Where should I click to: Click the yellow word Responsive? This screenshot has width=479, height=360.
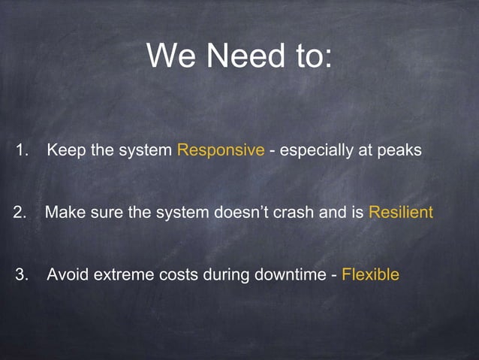tap(220, 150)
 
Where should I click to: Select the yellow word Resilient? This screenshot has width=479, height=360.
tap(400, 213)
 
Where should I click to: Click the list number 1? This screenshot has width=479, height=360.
tap(22, 150)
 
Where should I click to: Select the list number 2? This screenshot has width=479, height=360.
tap(20, 213)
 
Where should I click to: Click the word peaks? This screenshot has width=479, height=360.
tap(400, 150)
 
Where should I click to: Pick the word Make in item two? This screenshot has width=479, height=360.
tap(62, 213)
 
